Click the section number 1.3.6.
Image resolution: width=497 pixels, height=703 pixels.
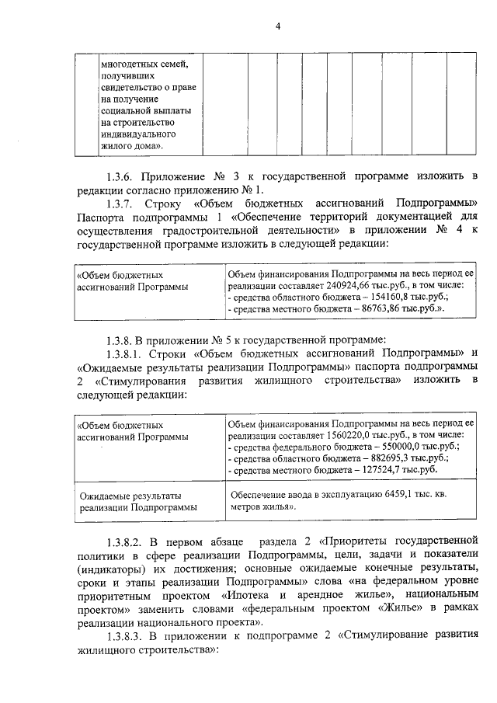[x=123, y=173]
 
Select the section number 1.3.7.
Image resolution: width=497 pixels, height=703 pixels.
[x=123, y=203]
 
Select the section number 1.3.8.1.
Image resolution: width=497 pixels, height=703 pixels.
[x=127, y=352]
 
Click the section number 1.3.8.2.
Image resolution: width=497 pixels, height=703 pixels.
[x=127, y=540]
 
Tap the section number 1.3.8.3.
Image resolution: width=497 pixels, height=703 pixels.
[x=127, y=639]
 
